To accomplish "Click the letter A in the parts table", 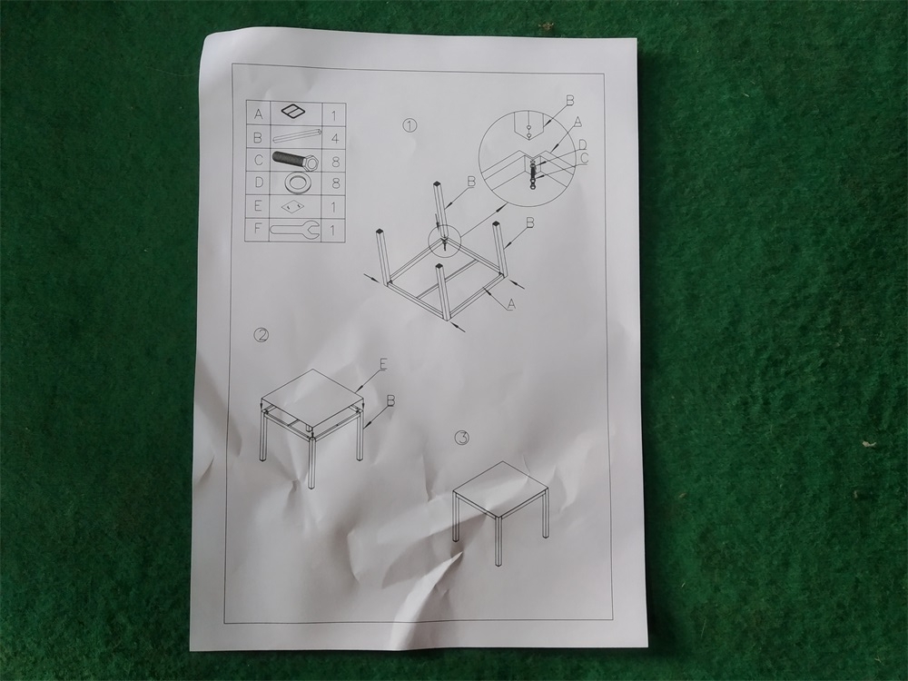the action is (258, 114).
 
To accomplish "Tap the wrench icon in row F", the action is (294, 230).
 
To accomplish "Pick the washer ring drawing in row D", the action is (295, 183).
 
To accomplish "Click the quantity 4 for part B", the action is (334, 138).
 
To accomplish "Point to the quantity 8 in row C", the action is (334, 162).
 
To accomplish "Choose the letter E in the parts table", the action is (258, 205).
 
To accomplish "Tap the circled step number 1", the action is (410, 125).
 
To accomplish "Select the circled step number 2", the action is (262, 335).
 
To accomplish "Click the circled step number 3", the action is (461, 438).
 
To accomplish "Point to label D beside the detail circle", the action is (582, 144).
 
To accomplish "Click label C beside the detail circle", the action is (584, 157).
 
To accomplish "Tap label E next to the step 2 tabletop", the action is (383, 364).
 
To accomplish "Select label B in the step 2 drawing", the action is (390, 400).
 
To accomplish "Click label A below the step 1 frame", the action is (510, 304).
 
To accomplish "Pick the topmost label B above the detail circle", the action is (570, 101).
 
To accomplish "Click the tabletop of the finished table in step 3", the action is (500, 489).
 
